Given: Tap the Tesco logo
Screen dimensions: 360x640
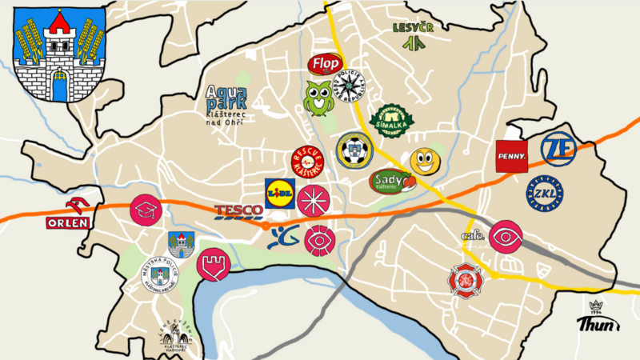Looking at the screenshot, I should pyautogui.click(x=238, y=212).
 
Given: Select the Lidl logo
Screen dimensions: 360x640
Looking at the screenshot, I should pyautogui.click(x=280, y=193).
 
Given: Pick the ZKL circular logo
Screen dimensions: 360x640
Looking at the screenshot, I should pyautogui.click(x=544, y=194).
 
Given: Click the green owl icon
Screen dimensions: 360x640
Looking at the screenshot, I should pyautogui.click(x=318, y=98).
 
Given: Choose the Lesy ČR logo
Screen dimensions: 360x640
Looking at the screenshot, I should pyautogui.click(x=413, y=35).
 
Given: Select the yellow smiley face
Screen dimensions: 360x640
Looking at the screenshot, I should pyautogui.click(x=425, y=162).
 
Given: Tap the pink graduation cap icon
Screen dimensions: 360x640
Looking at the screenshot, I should pyautogui.click(x=146, y=210).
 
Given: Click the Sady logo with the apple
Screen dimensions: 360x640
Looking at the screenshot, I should pyautogui.click(x=392, y=182).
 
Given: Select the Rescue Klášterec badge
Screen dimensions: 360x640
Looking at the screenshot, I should pyautogui.click(x=308, y=162).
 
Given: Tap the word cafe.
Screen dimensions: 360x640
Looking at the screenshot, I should pyautogui.click(x=473, y=235).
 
